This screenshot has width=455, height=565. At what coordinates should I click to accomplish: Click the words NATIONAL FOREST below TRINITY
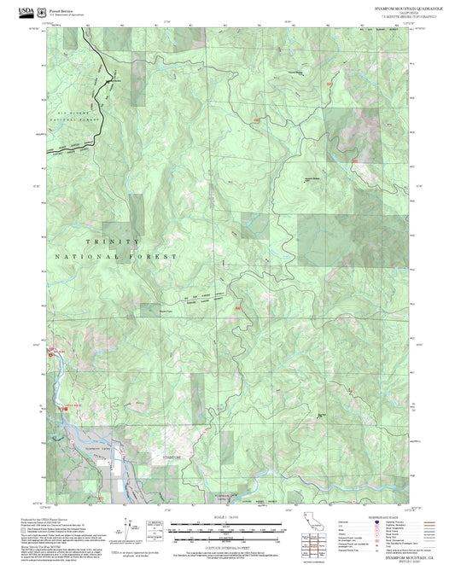click(116, 256)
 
